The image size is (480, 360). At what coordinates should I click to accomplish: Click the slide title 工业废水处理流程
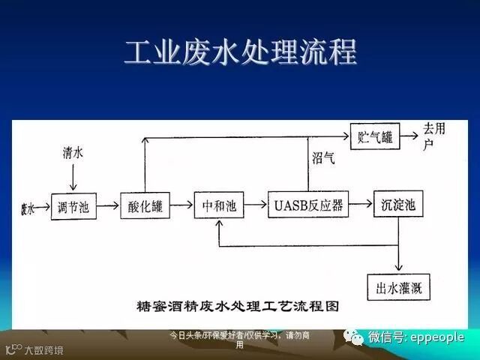point(240,52)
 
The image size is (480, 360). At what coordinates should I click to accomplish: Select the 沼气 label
point(323,159)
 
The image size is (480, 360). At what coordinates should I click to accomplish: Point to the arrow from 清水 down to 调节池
point(73,178)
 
